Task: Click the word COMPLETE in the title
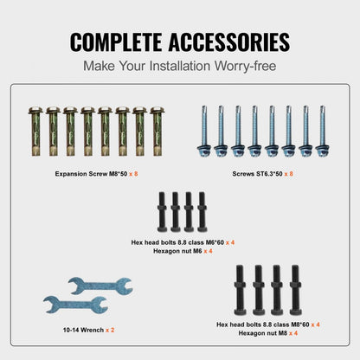click(116, 42)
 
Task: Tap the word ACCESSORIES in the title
click(229, 42)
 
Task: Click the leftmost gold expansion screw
click(35, 132)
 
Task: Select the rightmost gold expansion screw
click(157, 132)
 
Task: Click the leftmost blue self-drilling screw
click(203, 132)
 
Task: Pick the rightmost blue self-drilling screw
click(322, 132)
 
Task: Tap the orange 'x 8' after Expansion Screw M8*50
click(133, 174)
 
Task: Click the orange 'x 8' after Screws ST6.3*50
click(288, 174)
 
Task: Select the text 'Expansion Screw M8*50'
click(91, 174)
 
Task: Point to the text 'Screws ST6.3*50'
click(257, 174)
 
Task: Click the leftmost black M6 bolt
click(162, 212)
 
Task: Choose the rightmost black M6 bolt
click(202, 212)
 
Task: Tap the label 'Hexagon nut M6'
click(177, 251)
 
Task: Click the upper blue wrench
click(100, 286)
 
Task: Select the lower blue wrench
click(75, 305)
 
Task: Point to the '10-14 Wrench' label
click(83, 330)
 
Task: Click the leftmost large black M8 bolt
click(240, 290)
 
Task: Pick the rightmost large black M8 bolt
click(295, 290)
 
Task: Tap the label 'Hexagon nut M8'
click(263, 333)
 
